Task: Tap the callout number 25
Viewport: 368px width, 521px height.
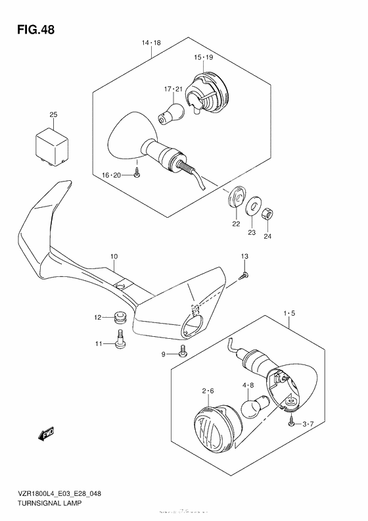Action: [53, 116]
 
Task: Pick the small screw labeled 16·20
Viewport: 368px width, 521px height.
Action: [135, 172]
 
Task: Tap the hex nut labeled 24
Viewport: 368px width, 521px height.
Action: [268, 215]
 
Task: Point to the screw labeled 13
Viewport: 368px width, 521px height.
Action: [244, 276]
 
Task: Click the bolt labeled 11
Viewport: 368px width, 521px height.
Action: [120, 339]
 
